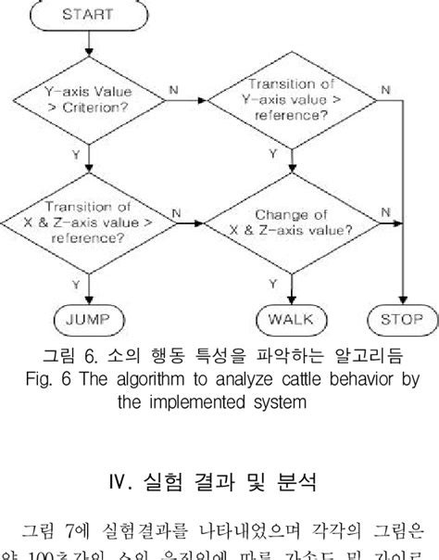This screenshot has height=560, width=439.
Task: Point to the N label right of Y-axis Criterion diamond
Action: coord(173,91)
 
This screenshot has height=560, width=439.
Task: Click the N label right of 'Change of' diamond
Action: coord(383,211)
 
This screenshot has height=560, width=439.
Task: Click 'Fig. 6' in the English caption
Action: coord(47,380)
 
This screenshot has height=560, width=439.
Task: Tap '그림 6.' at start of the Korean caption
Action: coord(67,357)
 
